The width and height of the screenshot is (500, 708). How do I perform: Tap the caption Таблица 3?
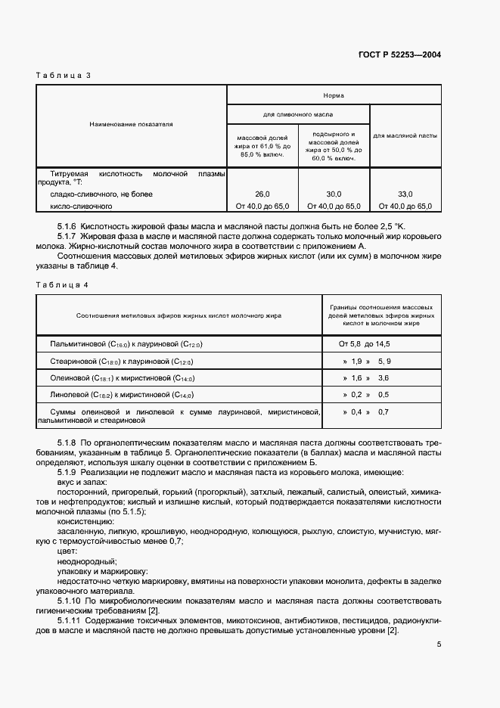tap(63, 76)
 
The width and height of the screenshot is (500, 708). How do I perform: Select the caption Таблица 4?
tap(63, 284)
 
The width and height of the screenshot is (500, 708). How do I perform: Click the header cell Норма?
tap(334, 96)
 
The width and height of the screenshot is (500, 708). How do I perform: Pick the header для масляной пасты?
tap(405, 136)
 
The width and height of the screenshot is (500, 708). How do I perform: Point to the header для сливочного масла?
tap(297, 114)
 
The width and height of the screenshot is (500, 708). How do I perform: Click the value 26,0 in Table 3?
tap(262, 194)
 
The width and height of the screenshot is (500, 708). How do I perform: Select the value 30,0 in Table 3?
tap(334, 194)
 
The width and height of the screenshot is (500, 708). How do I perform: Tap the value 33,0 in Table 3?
tap(405, 194)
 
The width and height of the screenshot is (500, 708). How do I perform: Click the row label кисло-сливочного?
tap(81, 206)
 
